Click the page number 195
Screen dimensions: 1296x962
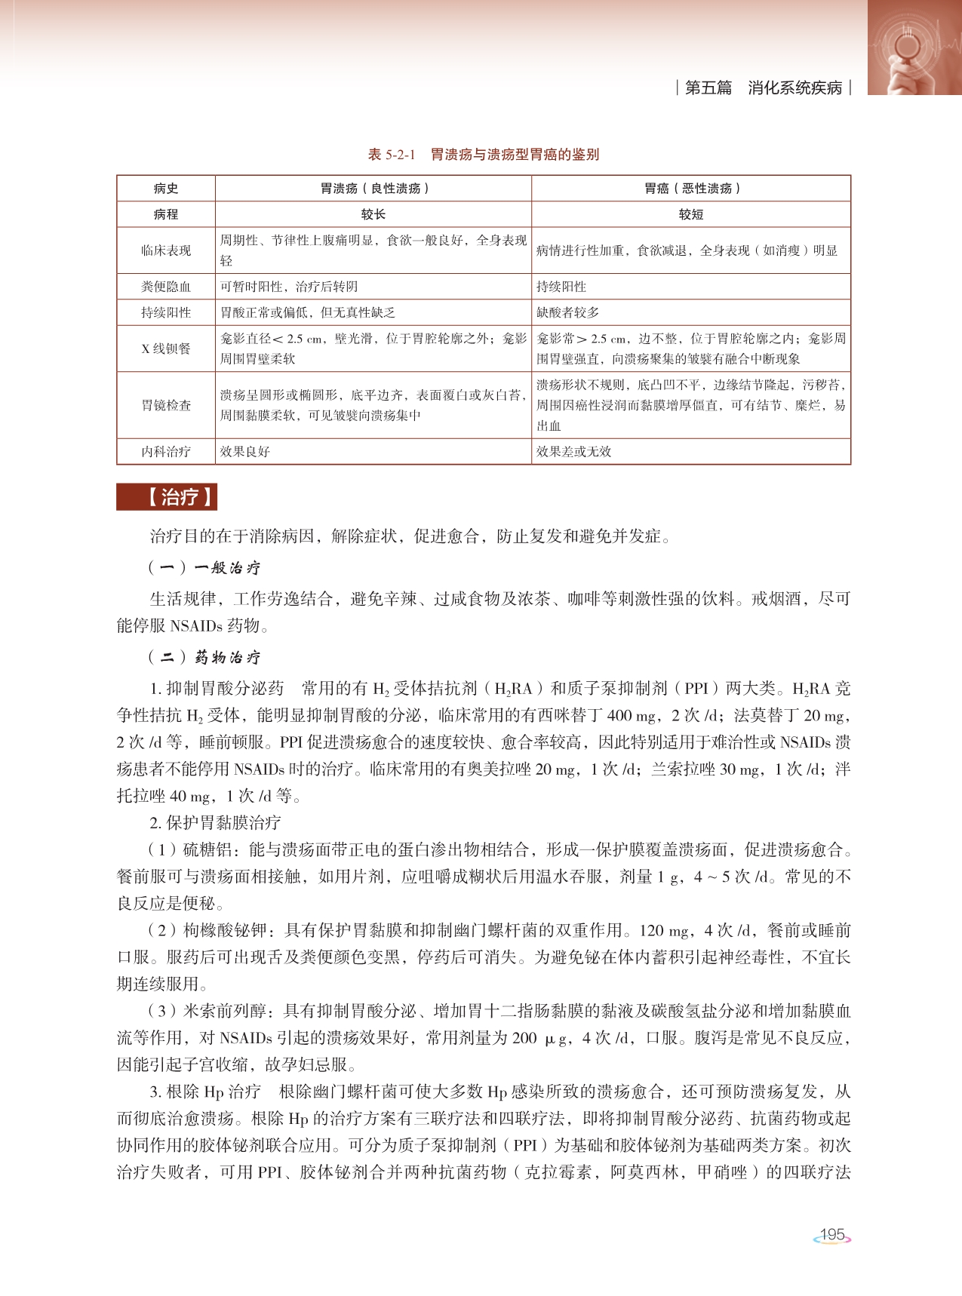pyautogui.click(x=832, y=1235)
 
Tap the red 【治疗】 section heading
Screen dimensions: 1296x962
pyautogui.click(x=167, y=497)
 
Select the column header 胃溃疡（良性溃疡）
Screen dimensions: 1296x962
pyautogui.click(x=373, y=189)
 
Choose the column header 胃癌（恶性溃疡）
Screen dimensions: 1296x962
pyautogui.click(x=691, y=189)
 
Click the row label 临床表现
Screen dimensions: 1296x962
pyautogui.click(x=166, y=250)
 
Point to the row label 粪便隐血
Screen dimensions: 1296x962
pyautogui.click(x=166, y=287)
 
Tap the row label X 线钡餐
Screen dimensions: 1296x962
pyautogui.click(x=166, y=349)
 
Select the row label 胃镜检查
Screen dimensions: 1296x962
pyautogui.click(x=166, y=405)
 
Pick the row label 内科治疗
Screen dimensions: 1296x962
pyautogui.click(x=166, y=451)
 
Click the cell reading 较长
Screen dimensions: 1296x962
pyautogui.click(x=373, y=214)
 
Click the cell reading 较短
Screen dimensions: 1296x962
pyautogui.click(x=691, y=214)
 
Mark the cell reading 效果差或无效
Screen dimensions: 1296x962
pyautogui.click(x=573, y=451)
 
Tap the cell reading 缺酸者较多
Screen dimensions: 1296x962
pyautogui.click(x=567, y=312)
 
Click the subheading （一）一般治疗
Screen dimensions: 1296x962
pyautogui.click(x=204, y=568)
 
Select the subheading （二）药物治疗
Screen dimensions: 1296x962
pyautogui.click(x=204, y=657)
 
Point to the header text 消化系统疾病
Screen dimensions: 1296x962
pyautogui.click(x=794, y=88)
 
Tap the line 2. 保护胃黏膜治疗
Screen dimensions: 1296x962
pyautogui.click(x=215, y=822)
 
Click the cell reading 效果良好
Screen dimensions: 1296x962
pyautogui.click(x=245, y=451)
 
